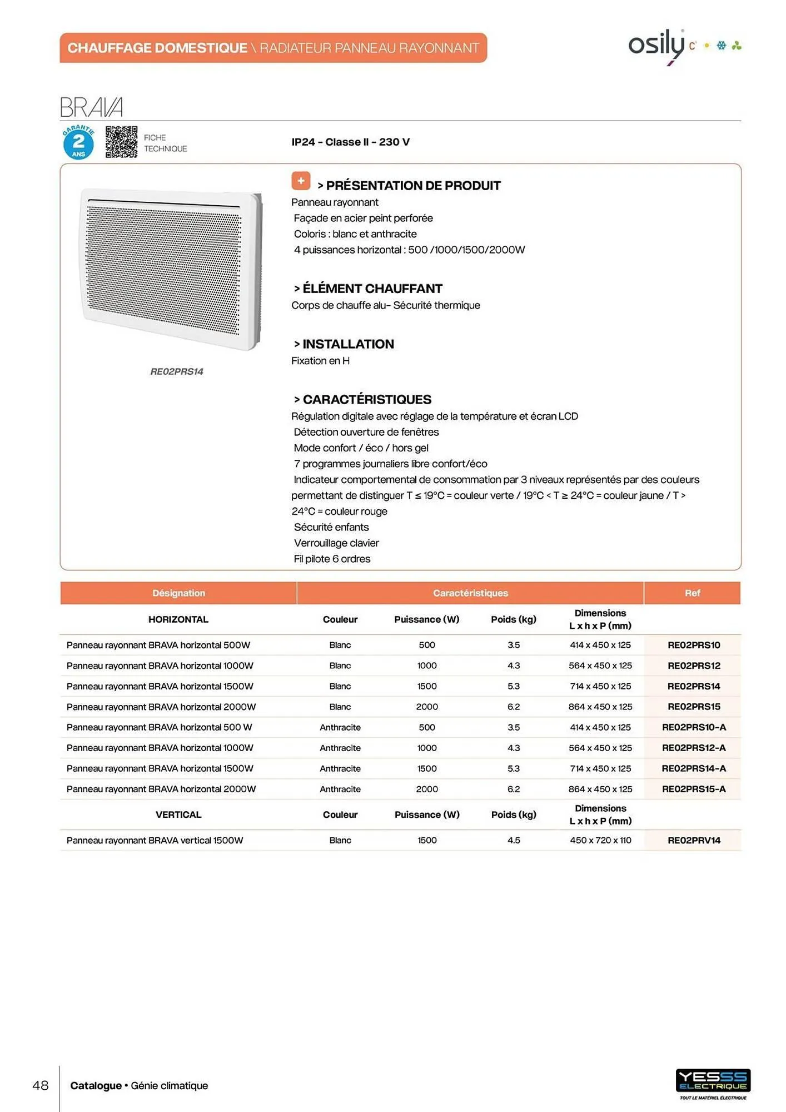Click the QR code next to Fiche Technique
pos(121,142)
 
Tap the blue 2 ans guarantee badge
pos(78,143)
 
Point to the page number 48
pos(41,1085)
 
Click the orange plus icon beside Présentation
pos(301,181)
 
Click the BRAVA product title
pos(91,107)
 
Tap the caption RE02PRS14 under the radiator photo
pos(177,371)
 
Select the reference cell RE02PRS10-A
pos(693,727)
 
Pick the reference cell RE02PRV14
pos(693,840)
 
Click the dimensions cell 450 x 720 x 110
pos(600,840)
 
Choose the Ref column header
pos(692,593)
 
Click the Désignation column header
pos(178,593)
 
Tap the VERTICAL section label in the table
pos(178,815)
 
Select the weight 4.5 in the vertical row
pos(514,840)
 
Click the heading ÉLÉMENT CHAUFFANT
pos(372,289)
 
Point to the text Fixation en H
pos(320,361)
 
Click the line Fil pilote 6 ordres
pos(332,559)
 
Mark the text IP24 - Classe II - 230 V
pos(350,142)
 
